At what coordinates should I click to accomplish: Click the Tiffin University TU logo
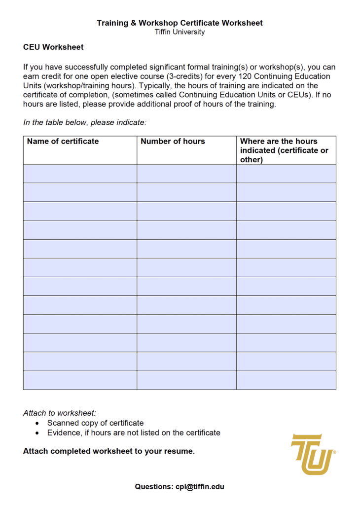coord(313,454)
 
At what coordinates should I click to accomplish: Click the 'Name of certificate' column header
coord(63,142)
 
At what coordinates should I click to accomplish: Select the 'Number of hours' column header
coord(173,142)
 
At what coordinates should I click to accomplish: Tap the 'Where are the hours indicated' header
coord(284,150)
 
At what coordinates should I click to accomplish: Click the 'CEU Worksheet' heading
coord(53,47)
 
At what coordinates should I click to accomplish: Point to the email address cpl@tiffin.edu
coord(200,486)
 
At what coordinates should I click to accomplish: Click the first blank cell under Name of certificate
coord(80,174)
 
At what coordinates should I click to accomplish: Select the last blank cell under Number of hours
coord(186,380)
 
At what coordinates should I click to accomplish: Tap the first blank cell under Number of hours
coord(186,174)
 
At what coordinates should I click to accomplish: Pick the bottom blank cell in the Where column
coord(286,380)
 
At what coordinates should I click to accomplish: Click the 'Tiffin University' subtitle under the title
coord(180,32)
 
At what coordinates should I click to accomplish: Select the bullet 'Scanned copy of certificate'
coord(95,423)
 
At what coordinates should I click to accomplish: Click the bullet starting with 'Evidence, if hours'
coord(134,433)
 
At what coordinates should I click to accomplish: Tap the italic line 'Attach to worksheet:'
coord(60,413)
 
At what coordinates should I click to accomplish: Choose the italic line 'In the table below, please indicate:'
coord(85,122)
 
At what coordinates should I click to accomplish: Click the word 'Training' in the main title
coord(112,23)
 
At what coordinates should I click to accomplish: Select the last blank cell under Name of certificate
coord(80,380)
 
